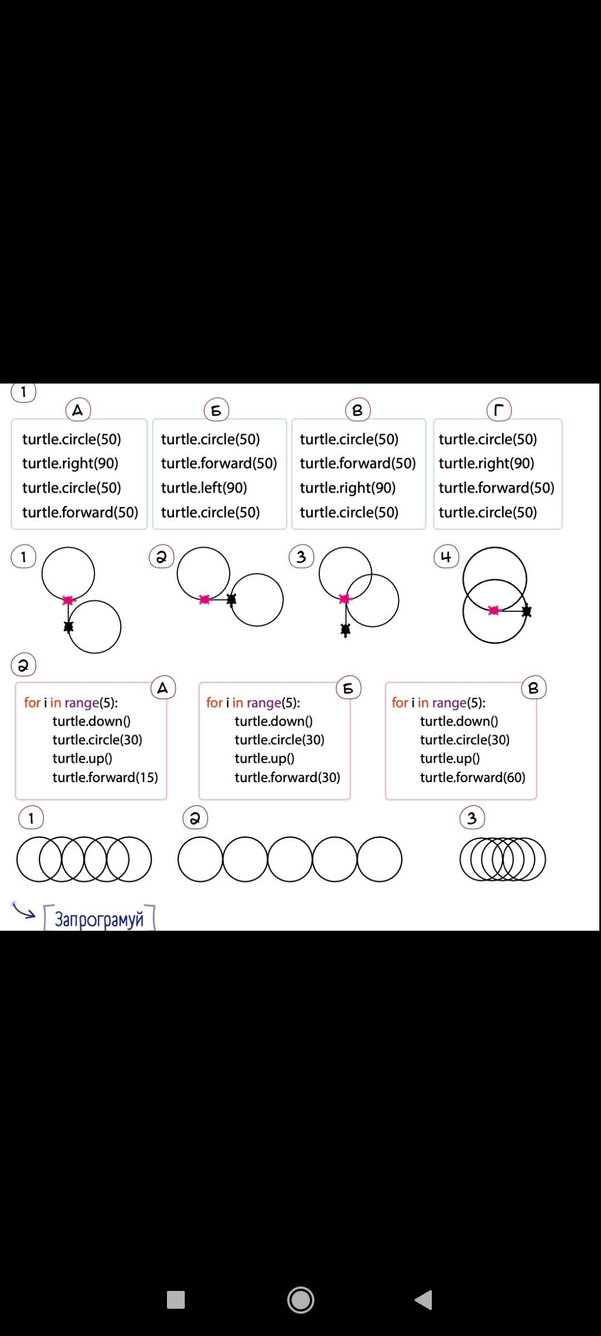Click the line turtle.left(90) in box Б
tap(204, 488)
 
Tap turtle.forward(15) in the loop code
tap(105, 777)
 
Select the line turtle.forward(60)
tap(472, 777)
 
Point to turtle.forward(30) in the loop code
tap(287, 777)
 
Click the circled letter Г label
tap(499, 411)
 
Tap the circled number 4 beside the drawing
tap(446, 557)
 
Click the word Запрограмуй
tap(99, 919)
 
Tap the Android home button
tap(300, 1300)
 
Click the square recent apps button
tap(176, 1300)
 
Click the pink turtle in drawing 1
tap(68, 600)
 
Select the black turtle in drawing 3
tap(345, 630)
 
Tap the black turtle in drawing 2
tap(231, 599)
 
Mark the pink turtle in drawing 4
tap(494, 611)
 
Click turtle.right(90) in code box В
tap(348, 488)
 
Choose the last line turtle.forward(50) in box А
tap(80, 512)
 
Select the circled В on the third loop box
tap(534, 689)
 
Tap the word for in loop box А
tap(32, 703)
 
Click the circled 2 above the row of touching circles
tap(195, 818)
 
